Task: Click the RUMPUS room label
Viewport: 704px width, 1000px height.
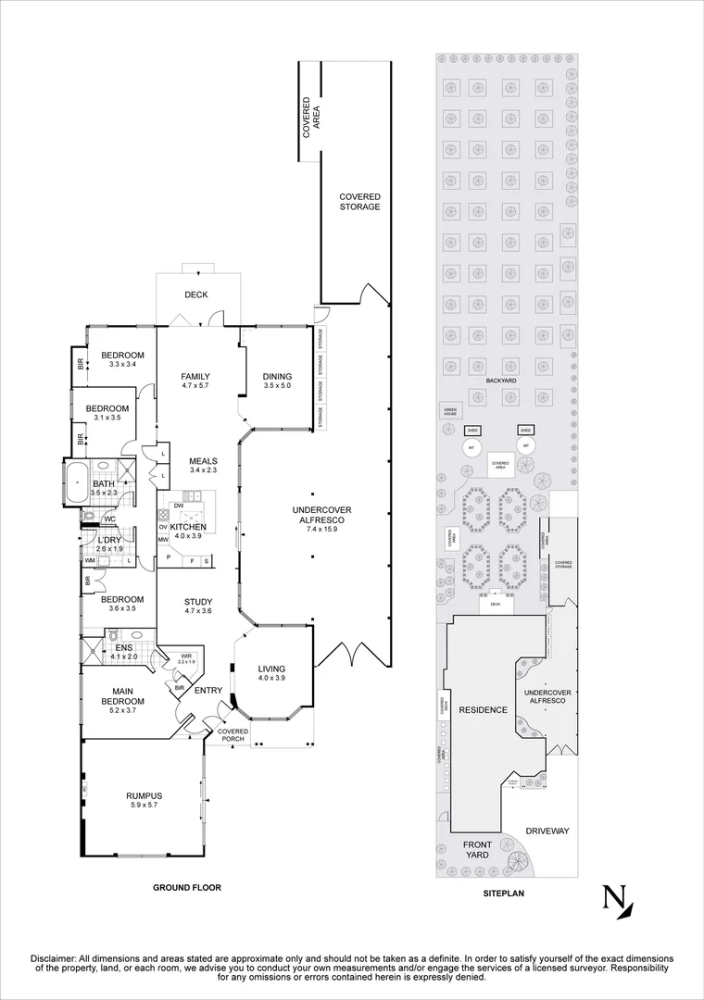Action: pyautogui.click(x=144, y=800)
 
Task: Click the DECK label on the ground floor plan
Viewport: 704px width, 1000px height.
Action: pyautogui.click(x=195, y=295)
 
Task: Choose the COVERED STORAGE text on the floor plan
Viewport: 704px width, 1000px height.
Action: pyautogui.click(x=359, y=202)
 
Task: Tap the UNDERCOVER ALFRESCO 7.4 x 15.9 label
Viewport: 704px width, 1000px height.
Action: pyautogui.click(x=321, y=520)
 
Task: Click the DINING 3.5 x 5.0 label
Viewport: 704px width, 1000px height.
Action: pyautogui.click(x=277, y=381)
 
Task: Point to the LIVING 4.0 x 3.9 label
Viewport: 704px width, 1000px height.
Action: pyautogui.click(x=271, y=673)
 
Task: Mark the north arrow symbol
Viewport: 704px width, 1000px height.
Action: pyautogui.click(x=617, y=902)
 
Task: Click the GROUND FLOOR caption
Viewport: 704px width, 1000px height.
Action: pyautogui.click(x=186, y=887)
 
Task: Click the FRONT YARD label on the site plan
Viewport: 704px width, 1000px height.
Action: pyautogui.click(x=477, y=849)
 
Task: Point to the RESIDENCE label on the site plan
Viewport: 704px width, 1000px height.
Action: pyautogui.click(x=483, y=709)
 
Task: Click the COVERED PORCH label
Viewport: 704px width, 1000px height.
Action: pyautogui.click(x=233, y=735)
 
